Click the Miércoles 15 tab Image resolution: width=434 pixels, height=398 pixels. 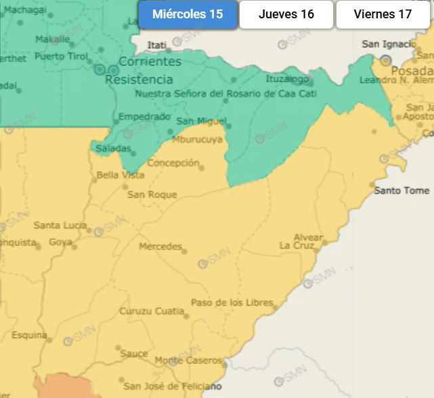pyautogui.click(x=188, y=14)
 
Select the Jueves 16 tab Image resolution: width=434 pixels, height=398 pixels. pyautogui.click(x=286, y=14)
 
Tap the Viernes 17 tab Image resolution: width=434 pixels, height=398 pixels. pyautogui.click(x=383, y=14)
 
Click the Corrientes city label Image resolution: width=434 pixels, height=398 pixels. pyautogui.click(x=150, y=62)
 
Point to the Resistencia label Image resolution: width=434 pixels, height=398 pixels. pyautogui.click(x=139, y=79)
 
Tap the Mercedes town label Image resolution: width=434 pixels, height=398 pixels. pyautogui.click(x=160, y=246)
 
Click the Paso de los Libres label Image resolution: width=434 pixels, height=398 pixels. pyautogui.click(x=232, y=302)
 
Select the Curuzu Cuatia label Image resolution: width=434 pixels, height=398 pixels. pyautogui.click(x=152, y=311)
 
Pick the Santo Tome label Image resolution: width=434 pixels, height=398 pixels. pyautogui.click(x=402, y=191)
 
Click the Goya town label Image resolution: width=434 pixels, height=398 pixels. pyautogui.click(x=60, y=242)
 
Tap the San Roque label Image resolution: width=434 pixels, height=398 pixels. pyautogui.click(x=152, y=195)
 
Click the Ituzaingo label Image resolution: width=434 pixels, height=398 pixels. pyautogui.click(x=287, y=79)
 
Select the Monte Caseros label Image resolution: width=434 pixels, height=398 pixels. pyautogui.click(x=188, y=360)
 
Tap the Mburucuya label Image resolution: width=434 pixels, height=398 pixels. pyautogui.click(x=197, y=140)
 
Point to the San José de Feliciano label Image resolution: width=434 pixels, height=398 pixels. pyautogui.click(x=173, y=386)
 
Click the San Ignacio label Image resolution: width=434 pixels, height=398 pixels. pyautogui.click(x=389, y=44)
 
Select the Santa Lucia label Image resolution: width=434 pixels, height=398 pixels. pyautogui.click(x=60, y=225)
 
